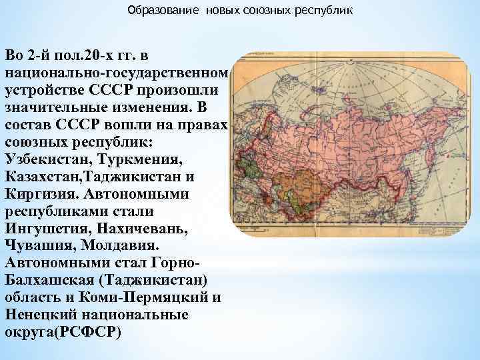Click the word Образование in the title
click(x=153, y=11)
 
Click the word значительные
click(x=57, y=108)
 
